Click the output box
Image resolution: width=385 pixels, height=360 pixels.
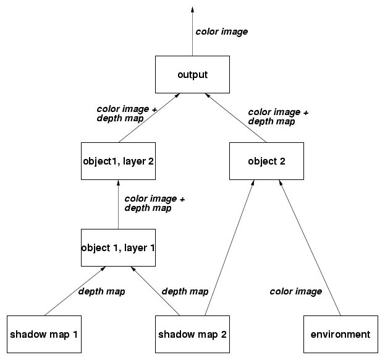(192, 75)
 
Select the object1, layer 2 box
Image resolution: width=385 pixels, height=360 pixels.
(117, 161)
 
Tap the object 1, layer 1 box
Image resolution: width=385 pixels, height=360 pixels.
(117, 248)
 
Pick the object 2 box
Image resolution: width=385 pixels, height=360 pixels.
(266, 161)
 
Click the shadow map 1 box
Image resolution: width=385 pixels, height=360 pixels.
(44, 334)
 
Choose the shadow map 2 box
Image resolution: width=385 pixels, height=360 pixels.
(192, 334)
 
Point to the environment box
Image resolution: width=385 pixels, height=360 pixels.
(341, 334)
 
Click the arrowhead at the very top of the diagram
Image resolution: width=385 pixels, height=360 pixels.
(192, 9)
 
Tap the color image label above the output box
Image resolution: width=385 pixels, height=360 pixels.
(221, 32)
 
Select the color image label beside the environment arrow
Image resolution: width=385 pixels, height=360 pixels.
(295, 291)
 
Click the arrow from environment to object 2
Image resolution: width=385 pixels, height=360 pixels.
(311, 247)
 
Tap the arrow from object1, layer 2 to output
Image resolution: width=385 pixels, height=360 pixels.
(148, 118)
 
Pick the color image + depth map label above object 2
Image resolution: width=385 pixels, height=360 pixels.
(277, 117)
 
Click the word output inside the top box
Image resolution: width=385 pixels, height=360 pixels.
(192, 75)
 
